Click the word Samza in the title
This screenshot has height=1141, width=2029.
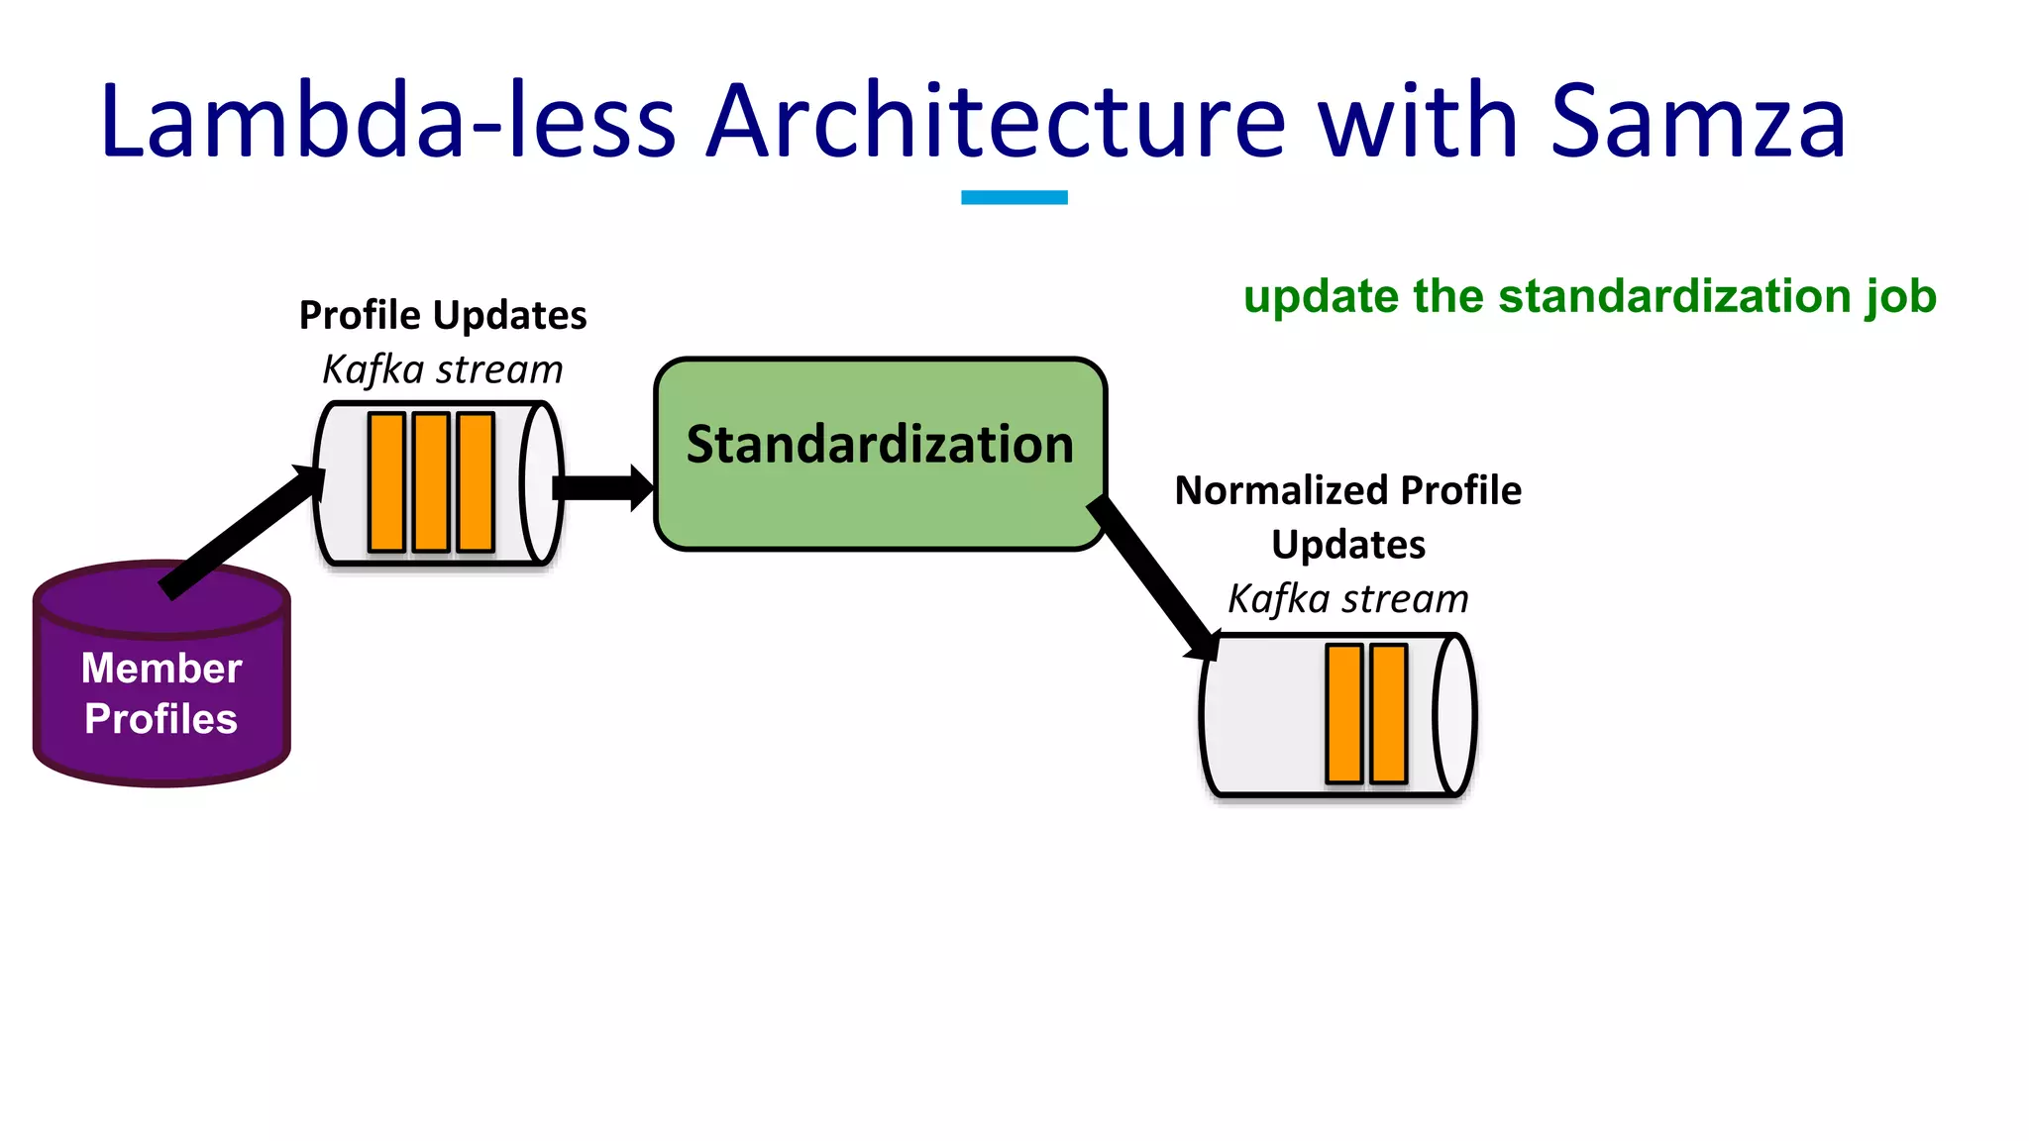pyautogui.click(x=1697, y=122)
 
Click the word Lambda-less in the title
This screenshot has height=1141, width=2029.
pyautogui.click(x=387, y=122)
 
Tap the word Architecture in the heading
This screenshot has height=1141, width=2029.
pyautogui.click(x=995, y=122)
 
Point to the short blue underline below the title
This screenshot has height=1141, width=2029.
pyautogui.click(x=1014, y=197)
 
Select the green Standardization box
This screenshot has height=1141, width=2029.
pyautogui.click(x=880, y=495)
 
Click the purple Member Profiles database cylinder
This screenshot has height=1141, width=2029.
pyautogui.click(x=161, y=693)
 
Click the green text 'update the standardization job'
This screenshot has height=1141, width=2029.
pyautogui.click(x=1589, y=296)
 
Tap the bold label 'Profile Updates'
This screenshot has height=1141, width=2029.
pyautogui.click(x=443, y=315)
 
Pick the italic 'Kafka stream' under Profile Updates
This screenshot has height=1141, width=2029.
pyautogui.click(x=443, y=369)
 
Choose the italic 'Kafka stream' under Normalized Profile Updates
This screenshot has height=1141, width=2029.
pyautogui.click(x=1347, y=599)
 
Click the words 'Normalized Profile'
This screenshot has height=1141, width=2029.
pyautogui.click(x=1347, y=490)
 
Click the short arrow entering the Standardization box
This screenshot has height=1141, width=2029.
pyautogui.click(x=600, y=487)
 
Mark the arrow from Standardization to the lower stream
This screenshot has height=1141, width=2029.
pyautogui.click(x=1154, y=576)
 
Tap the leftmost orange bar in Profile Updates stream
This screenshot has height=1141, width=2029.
pyautogui.click(x=386, y=482)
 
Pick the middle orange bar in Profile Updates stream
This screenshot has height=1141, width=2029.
pyautogui.click(x=431, y=482)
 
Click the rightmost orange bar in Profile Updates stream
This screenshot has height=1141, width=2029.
pyautogui.click(x=476, y=482)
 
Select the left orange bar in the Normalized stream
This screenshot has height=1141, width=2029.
pyautogui.click(x=1344, y=713)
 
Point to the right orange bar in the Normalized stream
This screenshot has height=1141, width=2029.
pyautogui.click(x=1389, y=713)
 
